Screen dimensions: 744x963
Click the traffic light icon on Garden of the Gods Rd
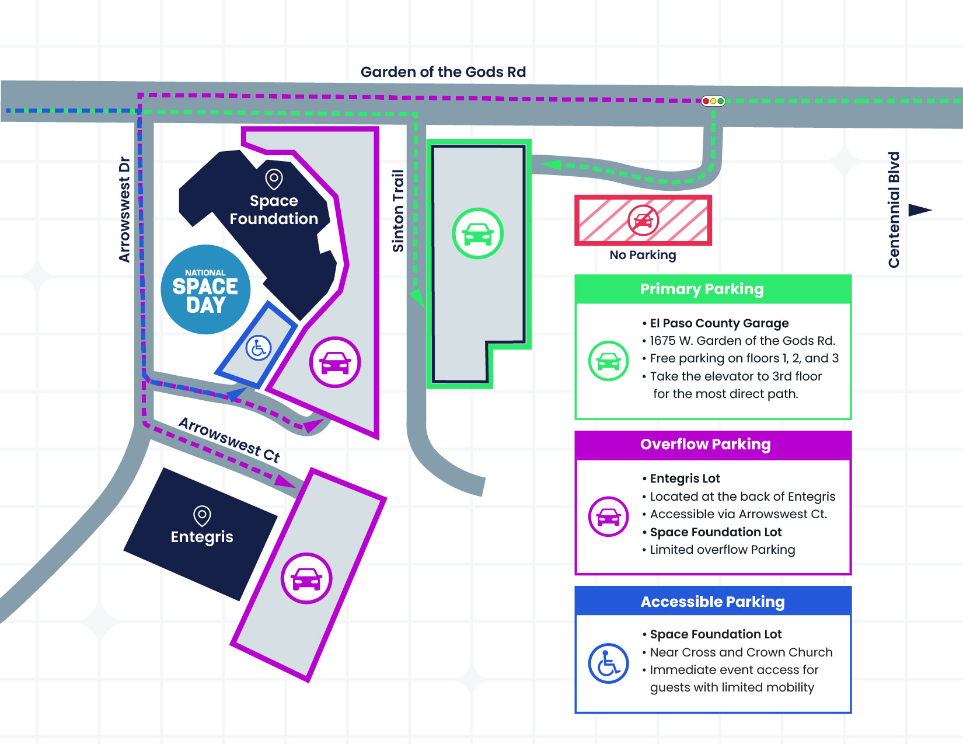pyautogui.click(x=713, y=101)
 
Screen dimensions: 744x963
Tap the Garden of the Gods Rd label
pyautogui.click(x=443, y=72)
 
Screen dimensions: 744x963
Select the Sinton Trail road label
pyautogui.click(x=398, y=211)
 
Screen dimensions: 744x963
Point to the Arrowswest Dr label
pyautogui.click(x=124, y=209)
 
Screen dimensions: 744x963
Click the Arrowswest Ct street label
pyautogui.click(x=229, y=439)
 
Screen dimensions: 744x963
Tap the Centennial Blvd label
pyautogui.click(x=894, y=209)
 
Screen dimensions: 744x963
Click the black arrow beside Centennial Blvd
pyautogui.click(x=920, y=210)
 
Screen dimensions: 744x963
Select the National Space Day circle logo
pyautogui.click(x=205, y=289)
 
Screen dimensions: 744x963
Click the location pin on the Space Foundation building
pyautogui.click(x=274, y=179)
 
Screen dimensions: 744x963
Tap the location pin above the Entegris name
pyautogui.click(x=202, y=516)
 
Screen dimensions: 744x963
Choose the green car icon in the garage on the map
pyautogui.click(x=477, y=233)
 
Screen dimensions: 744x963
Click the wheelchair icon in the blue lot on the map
pyautogui.click(x=258, y=348)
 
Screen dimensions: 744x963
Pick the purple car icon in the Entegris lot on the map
pyautogui.click(x=306, y=578)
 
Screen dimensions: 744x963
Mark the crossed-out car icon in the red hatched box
pyautogui.click(x=643, y=220)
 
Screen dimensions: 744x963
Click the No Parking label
pyautogui.click(x=643, y=255)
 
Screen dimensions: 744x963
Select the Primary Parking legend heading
pyautogui.click(x=702, y=289)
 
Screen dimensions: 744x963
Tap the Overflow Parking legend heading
pyautogui.click(x=705, y=445)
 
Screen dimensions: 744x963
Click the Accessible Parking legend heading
pyautogui.click(x=712, y=602)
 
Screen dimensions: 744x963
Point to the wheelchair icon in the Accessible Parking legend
pyautogui.click(x=608, y=663)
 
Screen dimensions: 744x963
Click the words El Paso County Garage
pyautogui.click(x=719, y=323)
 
